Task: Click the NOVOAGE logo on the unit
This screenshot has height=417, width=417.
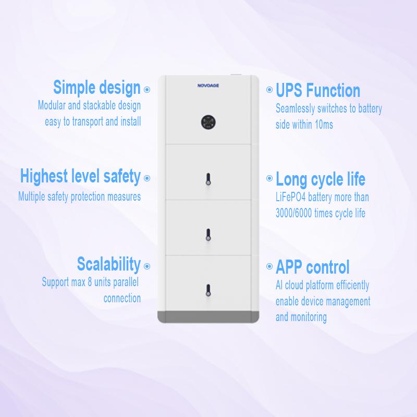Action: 208,85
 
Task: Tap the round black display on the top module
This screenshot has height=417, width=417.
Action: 208,122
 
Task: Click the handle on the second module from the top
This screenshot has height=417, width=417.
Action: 208,179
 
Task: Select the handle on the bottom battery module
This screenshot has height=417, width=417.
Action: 208,290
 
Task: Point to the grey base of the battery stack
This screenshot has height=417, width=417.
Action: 208,316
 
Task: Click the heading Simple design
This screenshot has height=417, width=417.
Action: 97,88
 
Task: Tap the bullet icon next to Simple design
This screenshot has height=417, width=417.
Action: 147,90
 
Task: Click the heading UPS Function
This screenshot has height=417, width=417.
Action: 318,90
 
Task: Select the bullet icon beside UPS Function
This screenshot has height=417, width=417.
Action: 269,90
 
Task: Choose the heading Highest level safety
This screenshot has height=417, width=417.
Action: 80,176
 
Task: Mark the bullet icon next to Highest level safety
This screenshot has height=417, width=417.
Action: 147,178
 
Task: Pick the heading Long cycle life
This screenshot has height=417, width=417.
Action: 321,179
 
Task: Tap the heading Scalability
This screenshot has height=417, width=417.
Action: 109,264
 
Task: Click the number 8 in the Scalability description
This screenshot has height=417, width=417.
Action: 90,282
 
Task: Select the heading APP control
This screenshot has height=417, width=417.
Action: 312,267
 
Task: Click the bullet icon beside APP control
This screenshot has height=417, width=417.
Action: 269,266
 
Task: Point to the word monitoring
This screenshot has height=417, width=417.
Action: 309,317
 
